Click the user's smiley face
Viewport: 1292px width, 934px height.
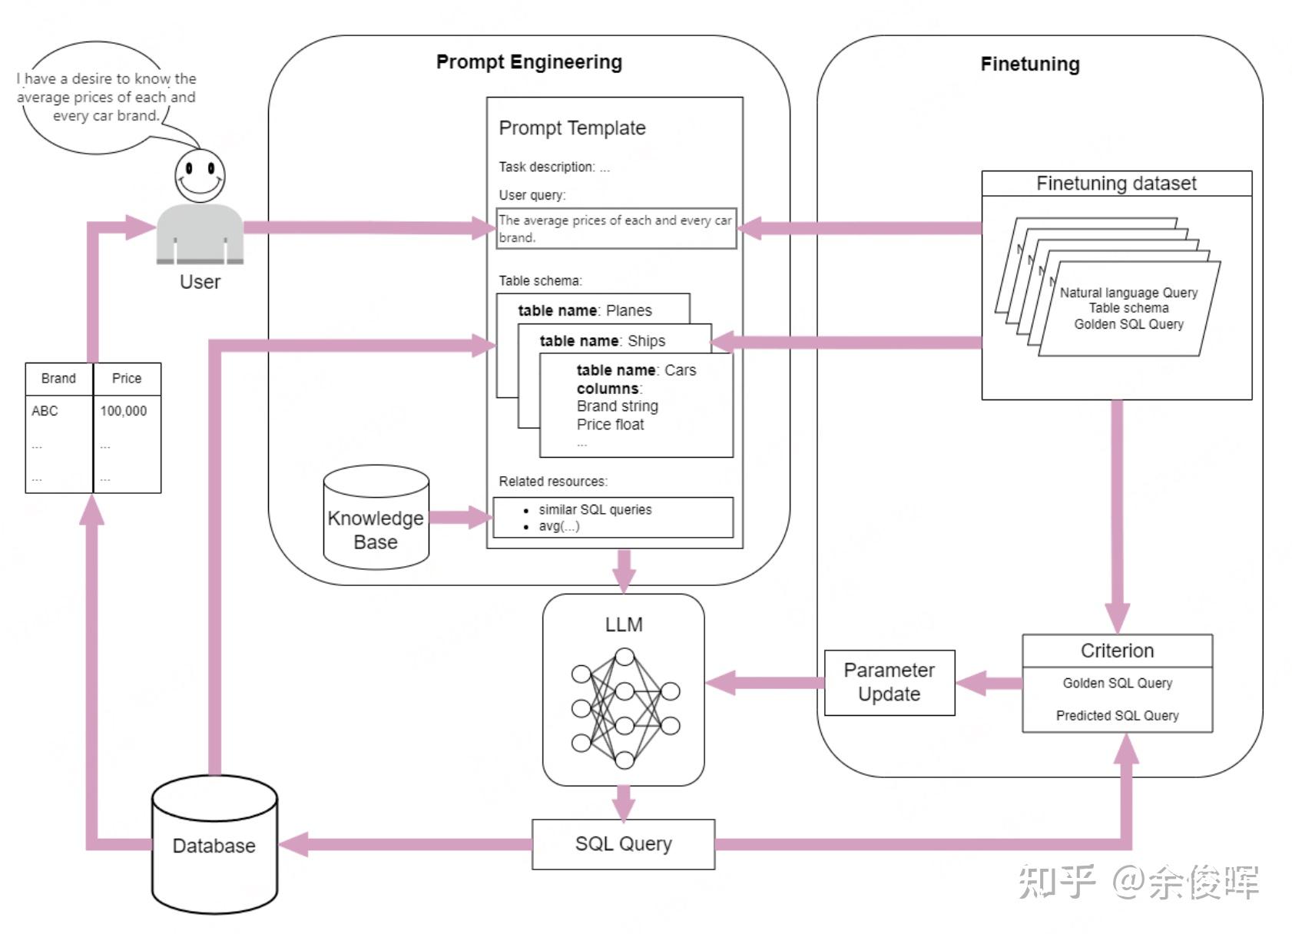click(200, 175)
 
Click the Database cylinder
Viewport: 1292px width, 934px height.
click(214, 845)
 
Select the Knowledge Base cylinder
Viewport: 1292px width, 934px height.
click(376, 518)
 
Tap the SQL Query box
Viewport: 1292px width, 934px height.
click(623, 843)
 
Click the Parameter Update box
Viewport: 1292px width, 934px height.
click(889, 682)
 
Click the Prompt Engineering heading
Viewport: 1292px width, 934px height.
click(528, 62)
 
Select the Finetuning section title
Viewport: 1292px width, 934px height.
click(1029, 64)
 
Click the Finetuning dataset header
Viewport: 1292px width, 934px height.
click(1115, 184)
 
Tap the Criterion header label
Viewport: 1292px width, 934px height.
click(1117, 651)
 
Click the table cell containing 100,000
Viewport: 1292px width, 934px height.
click(124, 411)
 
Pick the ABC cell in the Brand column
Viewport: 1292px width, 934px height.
click(45, 411)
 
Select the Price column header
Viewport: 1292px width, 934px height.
click(127, 378)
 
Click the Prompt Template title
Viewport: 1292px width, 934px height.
click(572, 128)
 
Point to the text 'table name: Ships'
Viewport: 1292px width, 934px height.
click(602, 340)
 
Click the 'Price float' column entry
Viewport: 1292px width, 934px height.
click(610, 424)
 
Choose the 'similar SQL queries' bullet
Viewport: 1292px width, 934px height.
click(595, 509)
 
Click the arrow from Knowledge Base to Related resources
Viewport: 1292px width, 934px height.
click(459, 517)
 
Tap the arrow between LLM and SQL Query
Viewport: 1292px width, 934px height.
click(624, 803)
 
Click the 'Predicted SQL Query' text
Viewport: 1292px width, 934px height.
click(1117, 715)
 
